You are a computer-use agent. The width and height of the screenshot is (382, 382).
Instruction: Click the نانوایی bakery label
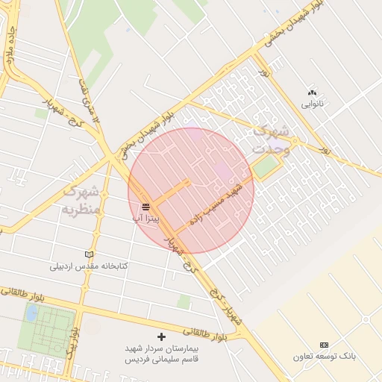coord(312,104)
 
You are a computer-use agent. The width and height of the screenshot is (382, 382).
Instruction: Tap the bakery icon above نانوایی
coord(312,93)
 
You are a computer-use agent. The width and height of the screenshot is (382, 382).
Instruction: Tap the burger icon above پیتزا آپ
coord(146,207)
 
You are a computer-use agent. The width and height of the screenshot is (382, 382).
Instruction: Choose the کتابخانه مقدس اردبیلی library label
coord(90,266)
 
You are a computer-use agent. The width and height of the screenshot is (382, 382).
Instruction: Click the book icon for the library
coord(90,254)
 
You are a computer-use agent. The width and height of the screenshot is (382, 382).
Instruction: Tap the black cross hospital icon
coord(162,337)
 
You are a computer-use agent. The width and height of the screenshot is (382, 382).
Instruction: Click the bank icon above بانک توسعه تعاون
coord(323,345)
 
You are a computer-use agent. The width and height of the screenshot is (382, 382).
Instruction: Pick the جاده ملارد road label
coord(10,46)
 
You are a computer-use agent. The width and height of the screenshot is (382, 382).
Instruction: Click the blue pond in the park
coord(31,313)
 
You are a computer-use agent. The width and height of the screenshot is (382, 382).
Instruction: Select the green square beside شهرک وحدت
coord(264,166)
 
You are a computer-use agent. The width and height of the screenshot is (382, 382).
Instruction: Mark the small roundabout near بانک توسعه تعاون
coord(366,319)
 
